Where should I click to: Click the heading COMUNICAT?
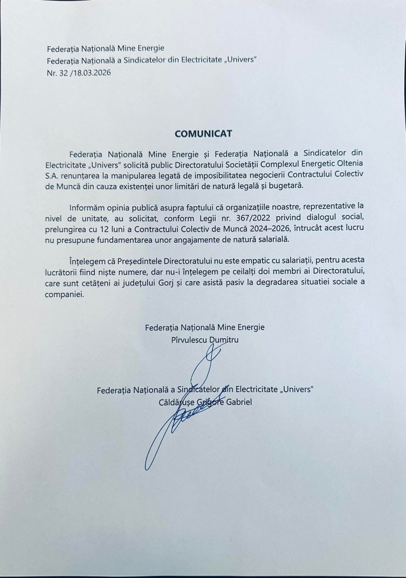(x=203, y=134)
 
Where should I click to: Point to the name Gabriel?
(x=238, y=401)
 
